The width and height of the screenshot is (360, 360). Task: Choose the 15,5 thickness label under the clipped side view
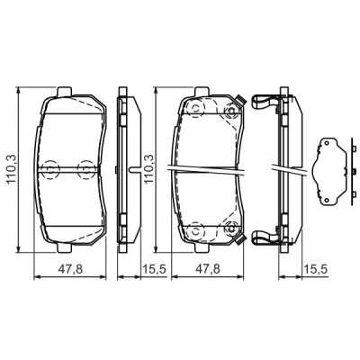pos(312,269)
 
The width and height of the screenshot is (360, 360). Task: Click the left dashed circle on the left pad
pos(49,167)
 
